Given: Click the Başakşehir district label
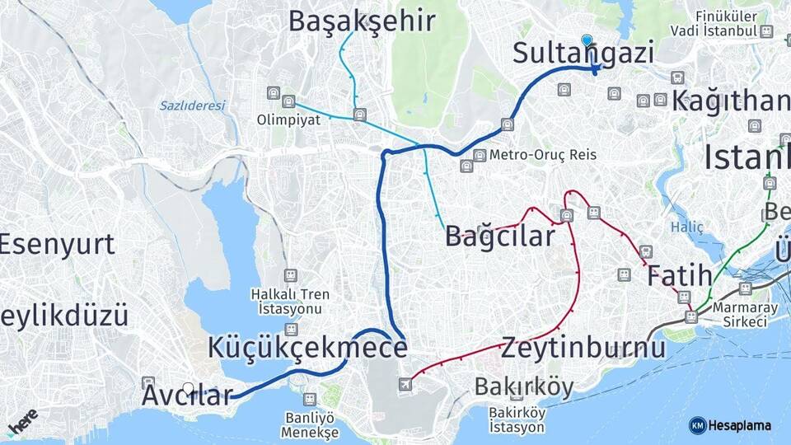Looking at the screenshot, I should (x=361, y=21).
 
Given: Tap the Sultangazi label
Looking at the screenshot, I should (x=583, y=53).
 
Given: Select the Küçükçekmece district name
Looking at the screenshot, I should (x=307, y=348).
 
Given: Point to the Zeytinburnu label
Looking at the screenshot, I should (x=583, y=347).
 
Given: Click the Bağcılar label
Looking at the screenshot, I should (x=500, y=236).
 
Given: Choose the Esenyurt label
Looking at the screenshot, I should (x=57, y=244).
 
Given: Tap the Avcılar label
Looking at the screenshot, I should (x=187, y=395).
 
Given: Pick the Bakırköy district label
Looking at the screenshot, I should (x=524, y=386).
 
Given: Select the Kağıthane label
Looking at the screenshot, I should (x=731, y=101).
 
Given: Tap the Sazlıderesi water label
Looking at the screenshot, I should (x=192, y=105).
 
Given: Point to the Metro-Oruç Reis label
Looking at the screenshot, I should (x=542, y=154).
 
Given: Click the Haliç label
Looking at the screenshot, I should (x=686, y=226).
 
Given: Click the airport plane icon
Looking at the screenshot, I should (x=404, y=384).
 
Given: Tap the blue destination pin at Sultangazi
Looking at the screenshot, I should (x=587, y=40).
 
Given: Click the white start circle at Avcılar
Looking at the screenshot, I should (x=189, y=388).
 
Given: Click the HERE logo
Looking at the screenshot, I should (x=22, y=421).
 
